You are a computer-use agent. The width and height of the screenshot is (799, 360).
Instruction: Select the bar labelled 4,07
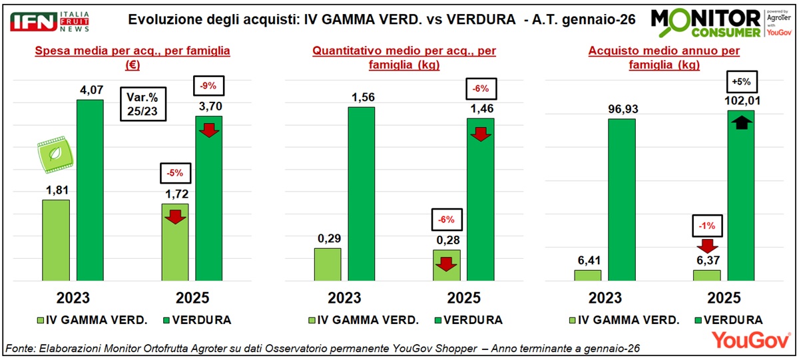(x=90, y=190)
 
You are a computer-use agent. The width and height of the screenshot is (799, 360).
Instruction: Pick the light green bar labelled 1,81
(x=56, y=240)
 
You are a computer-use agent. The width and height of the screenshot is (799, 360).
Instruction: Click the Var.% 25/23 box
(x=143, y=104)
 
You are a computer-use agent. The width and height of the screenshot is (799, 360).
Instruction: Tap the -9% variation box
(x=209, y=86)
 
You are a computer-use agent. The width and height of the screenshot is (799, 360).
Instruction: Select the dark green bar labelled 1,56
(x=361, y=194)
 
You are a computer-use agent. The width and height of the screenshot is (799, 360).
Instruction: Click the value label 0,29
(x=327, y=238)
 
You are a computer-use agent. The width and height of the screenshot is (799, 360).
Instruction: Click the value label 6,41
(x=588, y=260)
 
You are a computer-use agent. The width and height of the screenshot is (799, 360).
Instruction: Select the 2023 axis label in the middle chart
(x=344, y=297)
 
